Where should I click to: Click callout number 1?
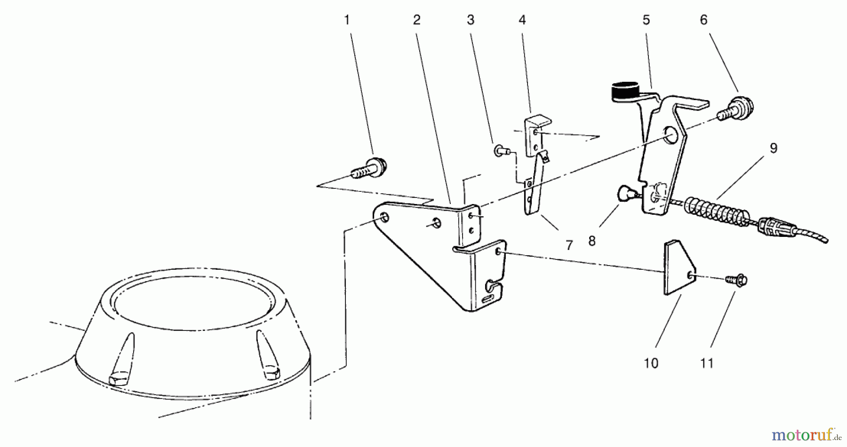click(347, 20)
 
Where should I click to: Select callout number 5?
click(646, 20)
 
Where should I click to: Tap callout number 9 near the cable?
click(773, 149)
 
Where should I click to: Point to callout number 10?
click(651, 363)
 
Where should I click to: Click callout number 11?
click(707, 363)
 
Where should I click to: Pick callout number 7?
click(569, 245)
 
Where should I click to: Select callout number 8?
click(592, 241)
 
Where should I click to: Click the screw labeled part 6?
click(736, 110)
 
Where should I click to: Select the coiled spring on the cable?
click(715, 212)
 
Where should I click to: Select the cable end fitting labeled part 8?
click(626, 193)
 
